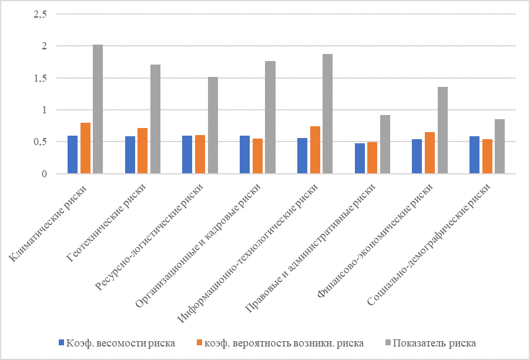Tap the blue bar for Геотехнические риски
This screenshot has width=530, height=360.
[x=130, y=155]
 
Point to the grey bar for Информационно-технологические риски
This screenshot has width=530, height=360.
[x=327, y=114]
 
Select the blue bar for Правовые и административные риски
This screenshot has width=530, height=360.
[x=360, y=159]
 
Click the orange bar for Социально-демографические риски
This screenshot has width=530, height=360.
[x=487, y=156]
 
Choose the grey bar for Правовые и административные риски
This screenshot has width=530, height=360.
[x=385, y=144]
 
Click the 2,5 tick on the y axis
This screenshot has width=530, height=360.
[x=40, y=14]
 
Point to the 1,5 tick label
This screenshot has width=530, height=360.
[x=40, y=78]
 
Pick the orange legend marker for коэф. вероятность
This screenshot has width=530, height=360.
[x=199, y=343]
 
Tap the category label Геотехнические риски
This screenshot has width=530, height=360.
[x=109, y=224]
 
